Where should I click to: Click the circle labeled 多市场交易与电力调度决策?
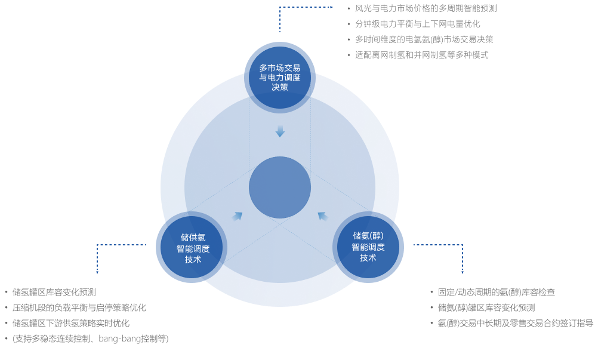coord(279,77)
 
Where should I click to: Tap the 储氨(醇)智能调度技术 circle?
coord(368,247)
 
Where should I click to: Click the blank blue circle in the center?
coord(279,187)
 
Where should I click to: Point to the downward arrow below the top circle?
coord(280,131)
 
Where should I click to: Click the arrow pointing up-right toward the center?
coord(238,216)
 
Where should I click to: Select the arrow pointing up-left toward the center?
coord(323,216)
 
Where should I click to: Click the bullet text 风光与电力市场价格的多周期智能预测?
coord(426,8)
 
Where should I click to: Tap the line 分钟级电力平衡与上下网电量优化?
coord(417,24)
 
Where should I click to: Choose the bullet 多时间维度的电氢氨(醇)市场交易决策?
coord(424,39)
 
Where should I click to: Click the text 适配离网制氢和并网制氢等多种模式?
coord(421,55)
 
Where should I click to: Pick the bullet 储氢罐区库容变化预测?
coord(54,293)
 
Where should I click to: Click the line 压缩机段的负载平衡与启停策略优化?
coord(79,308)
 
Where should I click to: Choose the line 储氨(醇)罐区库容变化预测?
coord(486,308)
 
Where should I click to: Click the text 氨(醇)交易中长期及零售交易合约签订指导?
coord(515,324)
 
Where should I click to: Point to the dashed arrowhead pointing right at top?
coord(331,7)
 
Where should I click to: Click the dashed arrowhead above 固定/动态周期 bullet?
coord(462,271)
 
